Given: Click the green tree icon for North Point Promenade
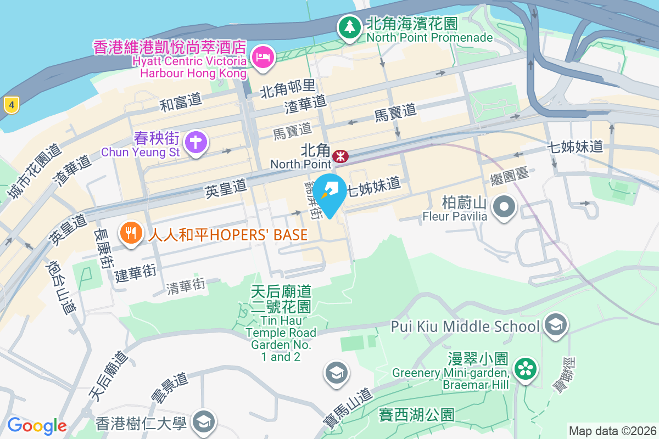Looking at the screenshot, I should (x=349, y=26).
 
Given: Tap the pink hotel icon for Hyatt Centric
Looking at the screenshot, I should (x=263, y=56).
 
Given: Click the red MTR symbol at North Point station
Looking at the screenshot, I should (x=340, y=157).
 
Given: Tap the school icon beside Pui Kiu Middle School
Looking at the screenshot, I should (x=556, y=325).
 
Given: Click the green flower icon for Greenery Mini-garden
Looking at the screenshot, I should (x=526, y=368).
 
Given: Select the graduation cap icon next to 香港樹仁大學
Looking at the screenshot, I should (x=204, y=422).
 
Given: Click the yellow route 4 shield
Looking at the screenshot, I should (x=11, y=104).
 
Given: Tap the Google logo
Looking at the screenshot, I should (x=37, y=425).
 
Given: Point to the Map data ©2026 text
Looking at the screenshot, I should (x=612, y=431).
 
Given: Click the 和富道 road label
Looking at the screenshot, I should (x=181, y=102).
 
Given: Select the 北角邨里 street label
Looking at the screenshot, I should (x=288, y=88).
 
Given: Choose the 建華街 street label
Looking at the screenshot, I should (x=136, y=272).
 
